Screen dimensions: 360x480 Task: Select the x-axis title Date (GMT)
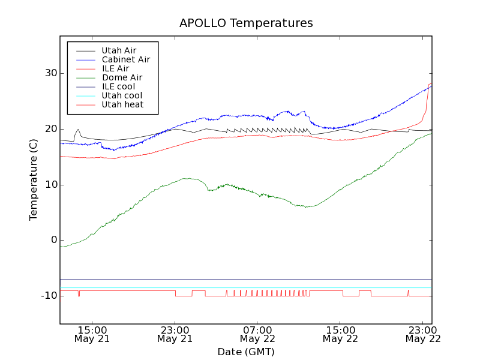click(x=246, y=352)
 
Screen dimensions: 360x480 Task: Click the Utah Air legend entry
click(x=119, y=50)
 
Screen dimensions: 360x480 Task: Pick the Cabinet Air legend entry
click(x=125, y=59)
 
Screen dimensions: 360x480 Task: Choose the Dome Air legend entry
click(x=122, y=77)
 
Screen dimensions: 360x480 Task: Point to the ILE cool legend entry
click(x=118, y=86)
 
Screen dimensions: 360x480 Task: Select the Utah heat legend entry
click(x=121, y=104)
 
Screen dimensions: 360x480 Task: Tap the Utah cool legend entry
click(x=121, y=95)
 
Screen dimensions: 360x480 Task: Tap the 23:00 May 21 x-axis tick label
click(x=175, y=334)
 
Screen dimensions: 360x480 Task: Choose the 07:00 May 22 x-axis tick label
click(x=257, y=334)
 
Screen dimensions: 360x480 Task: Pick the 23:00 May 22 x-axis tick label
click(x=423, y=334)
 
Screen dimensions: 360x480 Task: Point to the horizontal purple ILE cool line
click(x=240, y=279)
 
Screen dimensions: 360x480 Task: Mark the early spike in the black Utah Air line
click(x=77, y=130)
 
